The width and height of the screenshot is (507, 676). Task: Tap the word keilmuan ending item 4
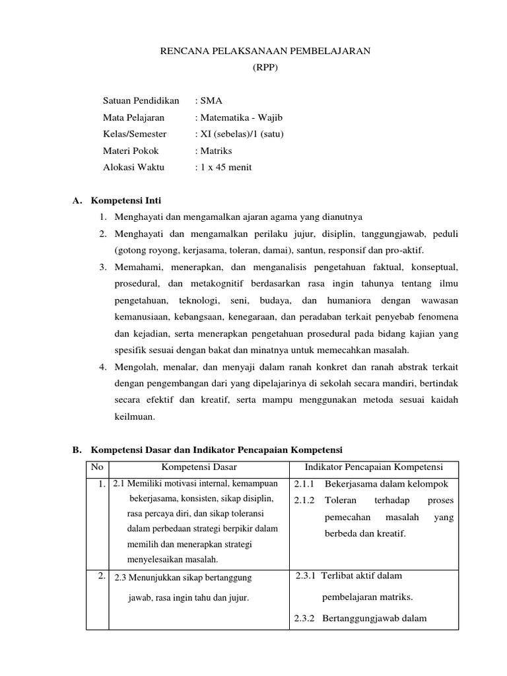pos(134,417)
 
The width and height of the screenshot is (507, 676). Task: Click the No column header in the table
pos(98,467)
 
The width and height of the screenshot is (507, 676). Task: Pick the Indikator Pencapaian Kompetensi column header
pos(373,467)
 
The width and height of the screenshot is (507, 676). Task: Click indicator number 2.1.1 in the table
pos(306,484)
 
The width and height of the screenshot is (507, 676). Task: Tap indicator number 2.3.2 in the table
pos(306,619)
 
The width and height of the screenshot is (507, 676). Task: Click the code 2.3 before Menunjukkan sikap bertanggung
pos(120,578)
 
